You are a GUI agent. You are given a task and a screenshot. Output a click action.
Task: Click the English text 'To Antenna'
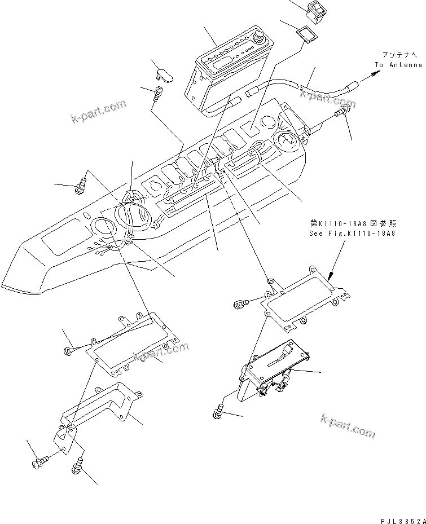pyautogui.click(x=398, y=65)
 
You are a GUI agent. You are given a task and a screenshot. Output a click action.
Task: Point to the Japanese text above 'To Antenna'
pyautogui.click(x=401, y=55)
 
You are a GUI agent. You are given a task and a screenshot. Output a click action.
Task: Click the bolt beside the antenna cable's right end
pyautogui.click(x=341, y=115)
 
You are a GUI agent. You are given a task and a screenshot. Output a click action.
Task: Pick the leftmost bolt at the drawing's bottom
pyautogui.click(x=37, y=464)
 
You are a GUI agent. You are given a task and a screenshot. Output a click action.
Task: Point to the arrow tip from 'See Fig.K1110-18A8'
pyautogui.click(x=328, y=277)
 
